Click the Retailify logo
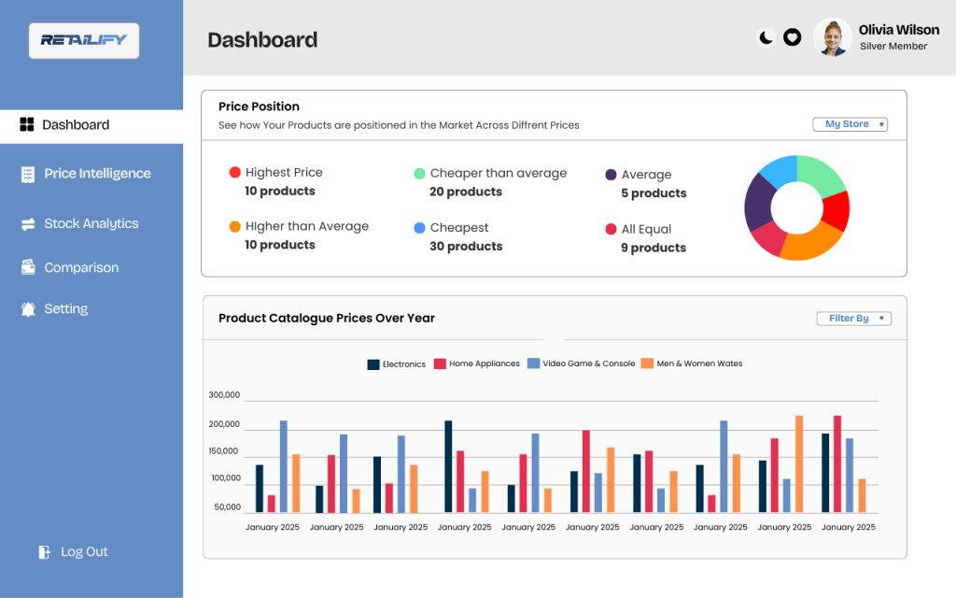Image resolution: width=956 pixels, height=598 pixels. click(84, 41)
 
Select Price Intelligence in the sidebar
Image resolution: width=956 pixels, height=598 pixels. click(97, 174)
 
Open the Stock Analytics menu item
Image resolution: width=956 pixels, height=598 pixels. click(91, 224)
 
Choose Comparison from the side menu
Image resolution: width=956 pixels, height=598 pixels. click(81, 268)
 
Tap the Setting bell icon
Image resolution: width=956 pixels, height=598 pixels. click(28, 309)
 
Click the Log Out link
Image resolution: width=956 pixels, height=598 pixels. click(84, 552)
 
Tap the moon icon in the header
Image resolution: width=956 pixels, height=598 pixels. click(766, 37)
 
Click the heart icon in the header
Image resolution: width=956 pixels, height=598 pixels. click(792, 37)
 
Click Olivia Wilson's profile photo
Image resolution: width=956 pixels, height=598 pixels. click(832, 37)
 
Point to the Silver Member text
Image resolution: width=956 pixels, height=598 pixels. click(893, 46)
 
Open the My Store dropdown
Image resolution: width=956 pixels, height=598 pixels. click(851, 124)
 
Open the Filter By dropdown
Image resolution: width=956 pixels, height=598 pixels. click(853, 319)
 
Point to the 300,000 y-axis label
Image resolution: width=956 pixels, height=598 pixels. click(224, 395)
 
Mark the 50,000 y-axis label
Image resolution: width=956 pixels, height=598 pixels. click(227, 507)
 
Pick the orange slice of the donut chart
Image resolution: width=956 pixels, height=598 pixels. click(808, 244)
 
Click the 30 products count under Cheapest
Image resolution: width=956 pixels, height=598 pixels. click(466, 247)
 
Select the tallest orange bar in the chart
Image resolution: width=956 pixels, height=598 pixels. click(799, 464)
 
